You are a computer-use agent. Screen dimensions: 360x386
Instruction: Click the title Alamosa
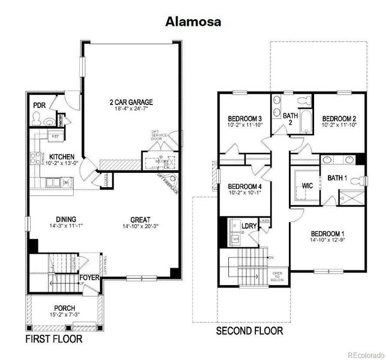193,22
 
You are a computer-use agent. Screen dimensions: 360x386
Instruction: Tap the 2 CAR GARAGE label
131,101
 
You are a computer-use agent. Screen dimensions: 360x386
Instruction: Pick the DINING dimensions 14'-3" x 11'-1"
67,226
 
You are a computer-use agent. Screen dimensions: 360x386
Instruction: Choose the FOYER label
89,277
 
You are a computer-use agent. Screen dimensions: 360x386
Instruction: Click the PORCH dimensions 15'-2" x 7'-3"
65,315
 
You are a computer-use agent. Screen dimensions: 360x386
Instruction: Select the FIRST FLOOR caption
53,339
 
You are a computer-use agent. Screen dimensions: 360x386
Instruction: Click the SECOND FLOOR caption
249,331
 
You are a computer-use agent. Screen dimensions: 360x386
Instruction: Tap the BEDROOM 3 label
245,118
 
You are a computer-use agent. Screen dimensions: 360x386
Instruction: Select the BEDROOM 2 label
339,118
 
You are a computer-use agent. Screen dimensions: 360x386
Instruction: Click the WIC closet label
308,185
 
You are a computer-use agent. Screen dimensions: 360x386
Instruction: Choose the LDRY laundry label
249,226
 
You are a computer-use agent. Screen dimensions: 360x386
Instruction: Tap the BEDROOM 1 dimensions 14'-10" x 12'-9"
327,240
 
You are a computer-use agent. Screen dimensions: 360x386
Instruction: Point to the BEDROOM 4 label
245,186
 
